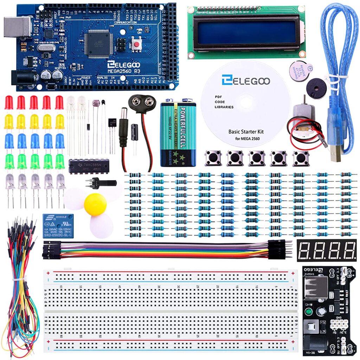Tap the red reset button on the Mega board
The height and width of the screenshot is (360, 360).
[136, 44]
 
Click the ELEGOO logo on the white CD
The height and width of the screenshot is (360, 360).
[246, 81]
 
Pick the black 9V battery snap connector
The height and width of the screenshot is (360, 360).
[142, 103]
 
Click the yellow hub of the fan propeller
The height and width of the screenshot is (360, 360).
[95, 204]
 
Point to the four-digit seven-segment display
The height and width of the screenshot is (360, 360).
[326, 250]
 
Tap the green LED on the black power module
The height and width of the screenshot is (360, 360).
[309, 312]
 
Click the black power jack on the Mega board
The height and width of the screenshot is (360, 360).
[22, 78]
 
